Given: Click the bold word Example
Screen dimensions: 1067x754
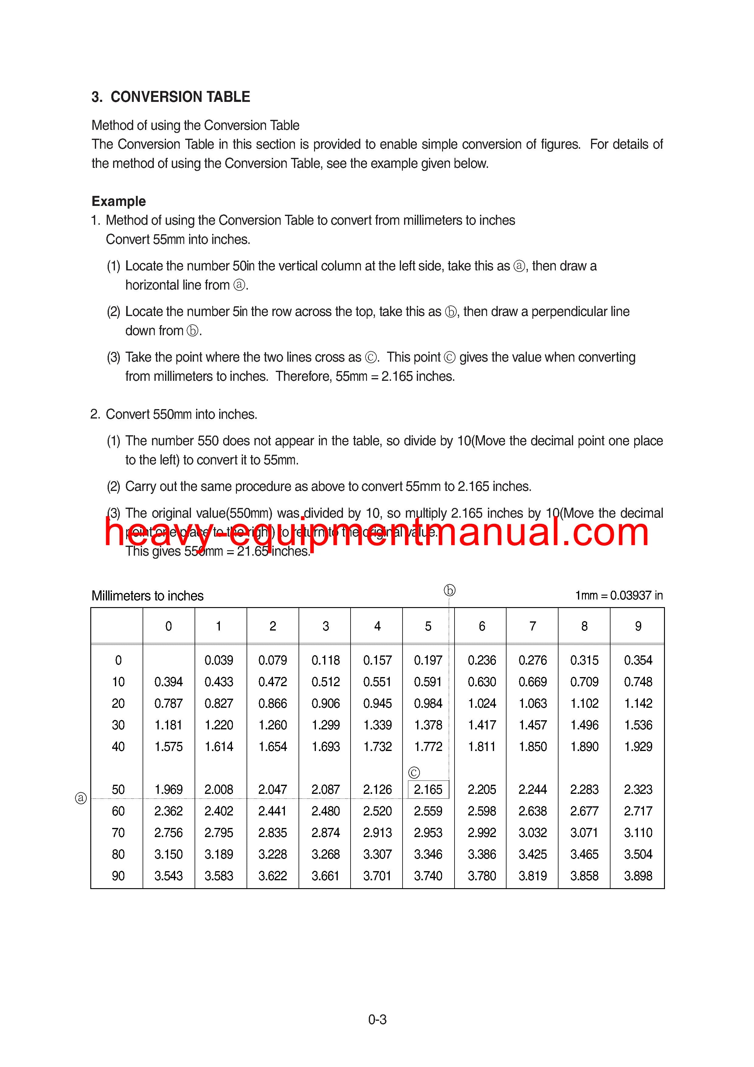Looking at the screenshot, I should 119,201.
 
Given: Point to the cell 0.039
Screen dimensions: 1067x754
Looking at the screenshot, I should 219,660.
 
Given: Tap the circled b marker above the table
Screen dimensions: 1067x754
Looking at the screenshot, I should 449,591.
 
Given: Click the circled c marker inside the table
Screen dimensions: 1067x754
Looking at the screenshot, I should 414,772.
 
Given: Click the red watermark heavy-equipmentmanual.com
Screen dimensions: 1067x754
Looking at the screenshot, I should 376,533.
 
